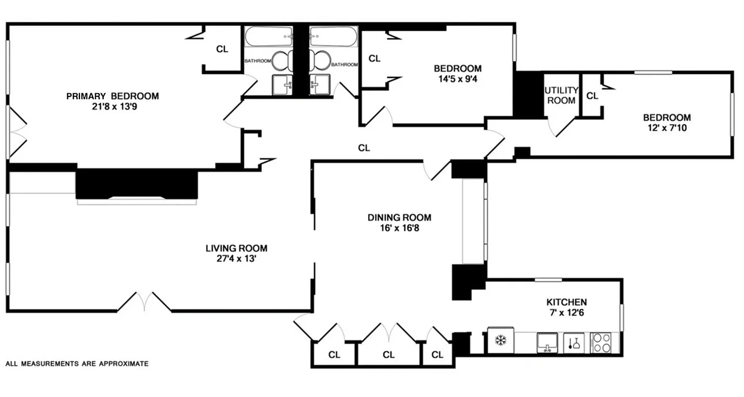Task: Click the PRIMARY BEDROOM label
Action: pos(113,96)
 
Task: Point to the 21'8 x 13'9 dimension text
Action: pos(113,106)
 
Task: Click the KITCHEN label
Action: pos(566,302)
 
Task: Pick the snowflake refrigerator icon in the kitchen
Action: pos(500,341)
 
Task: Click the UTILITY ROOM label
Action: pos(561,95)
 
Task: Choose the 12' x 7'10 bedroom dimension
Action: pos(667,128)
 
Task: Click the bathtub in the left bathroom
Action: pos(268,37)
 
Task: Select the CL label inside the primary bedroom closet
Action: pos(222,49)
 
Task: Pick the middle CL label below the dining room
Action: pos(388,355)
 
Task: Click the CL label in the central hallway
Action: pos(364,147)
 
